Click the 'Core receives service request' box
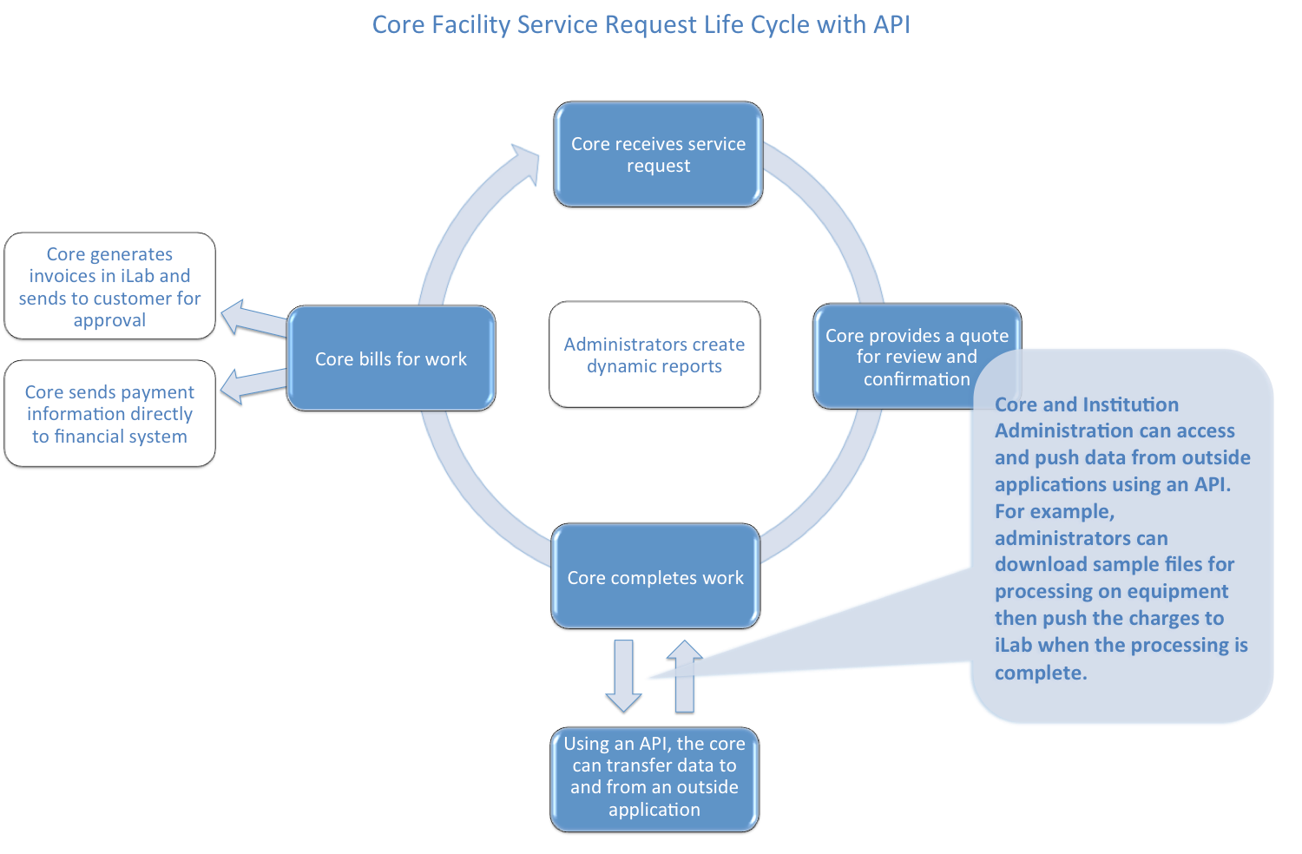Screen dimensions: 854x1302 pyautogui.click(x=658, y=154)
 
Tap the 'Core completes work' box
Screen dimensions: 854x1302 pyautogui.click(x=655, y=577)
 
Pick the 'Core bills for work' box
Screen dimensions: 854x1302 pyautogui.click(x=391, y=358)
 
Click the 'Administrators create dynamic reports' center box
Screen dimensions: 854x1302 pyautogui.click(x=654, y=355)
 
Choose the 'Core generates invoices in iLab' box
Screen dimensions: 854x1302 pyautogui.click(x=109, y=286)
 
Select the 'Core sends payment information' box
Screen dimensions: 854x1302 pyautogui.click(x=109, y=414)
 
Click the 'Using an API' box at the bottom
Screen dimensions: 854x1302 pyautogui.click(x=654, y=777)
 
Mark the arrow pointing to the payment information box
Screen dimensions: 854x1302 pyautogui.click(x=252, y=386)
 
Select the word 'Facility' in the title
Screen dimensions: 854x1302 pyautogui.click(x=471, y=24)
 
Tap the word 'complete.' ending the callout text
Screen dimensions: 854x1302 pyautogui.click(x=1040, y=673)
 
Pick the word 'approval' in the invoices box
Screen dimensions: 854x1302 pyautogui.click(x=109, y=320)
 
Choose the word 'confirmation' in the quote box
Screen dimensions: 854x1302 pyautogui.click(x=917, y=379)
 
